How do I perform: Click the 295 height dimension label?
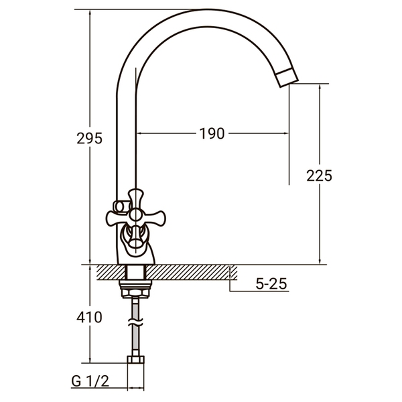[x=90, y=139]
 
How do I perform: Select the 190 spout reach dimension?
[x=212, y=133]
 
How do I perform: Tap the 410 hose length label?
[x=90, y=317]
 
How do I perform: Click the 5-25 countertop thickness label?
[x=271, y=284]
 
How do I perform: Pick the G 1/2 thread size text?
[x=89, y=383]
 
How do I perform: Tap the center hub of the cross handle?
[x=135, y=214]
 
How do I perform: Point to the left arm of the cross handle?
[x=115, y=216]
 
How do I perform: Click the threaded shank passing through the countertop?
[x=136, y=273]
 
